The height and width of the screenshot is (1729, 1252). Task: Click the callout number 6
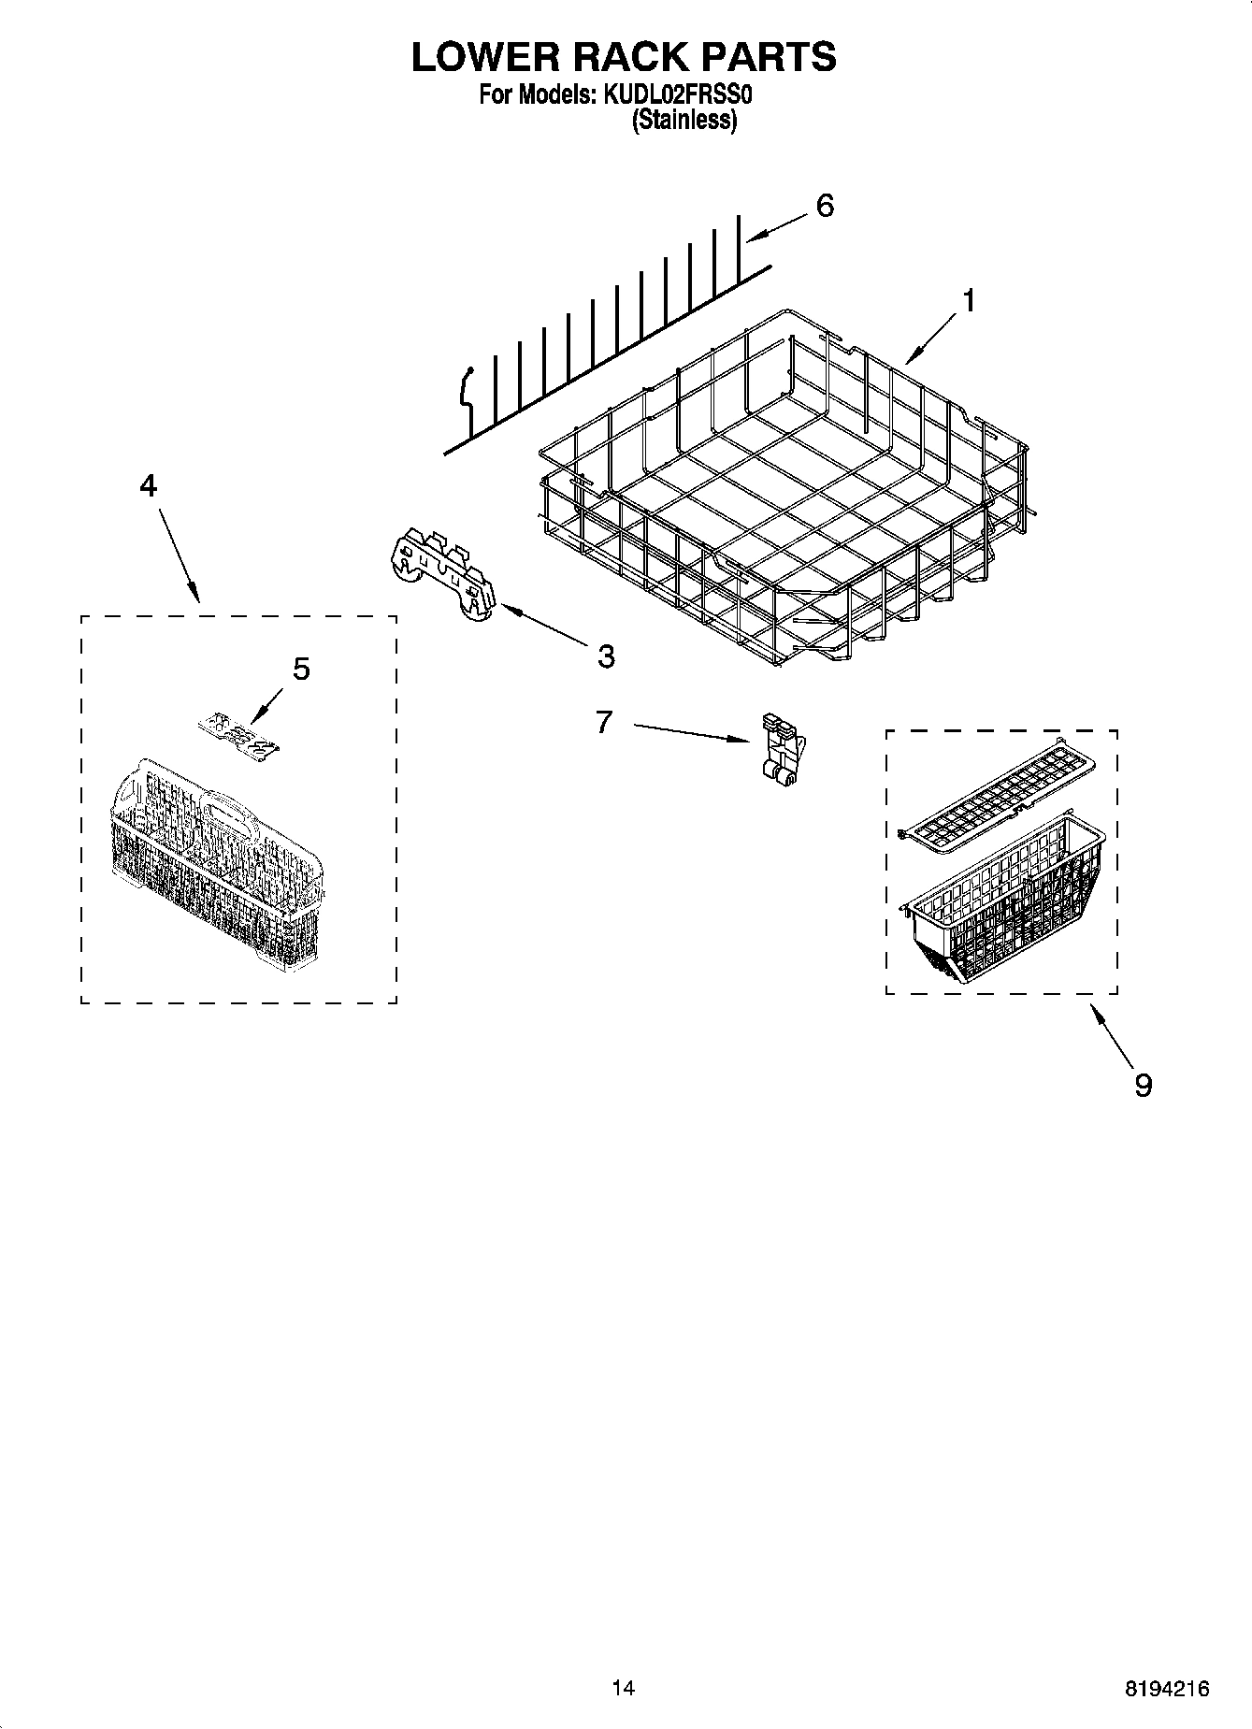(824, 206)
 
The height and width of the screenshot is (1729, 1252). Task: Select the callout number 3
(606, 656)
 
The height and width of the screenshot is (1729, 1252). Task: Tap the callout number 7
(604, 721)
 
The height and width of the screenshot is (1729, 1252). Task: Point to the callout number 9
(1143, 1085)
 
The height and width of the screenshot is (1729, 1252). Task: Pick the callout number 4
(148, 485)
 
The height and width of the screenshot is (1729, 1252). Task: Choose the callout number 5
(301, 669)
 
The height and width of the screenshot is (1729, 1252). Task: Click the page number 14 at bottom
(623, 1688)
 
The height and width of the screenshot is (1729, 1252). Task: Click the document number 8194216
(1166, 1689)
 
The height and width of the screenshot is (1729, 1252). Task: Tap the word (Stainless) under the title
(684, 120)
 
